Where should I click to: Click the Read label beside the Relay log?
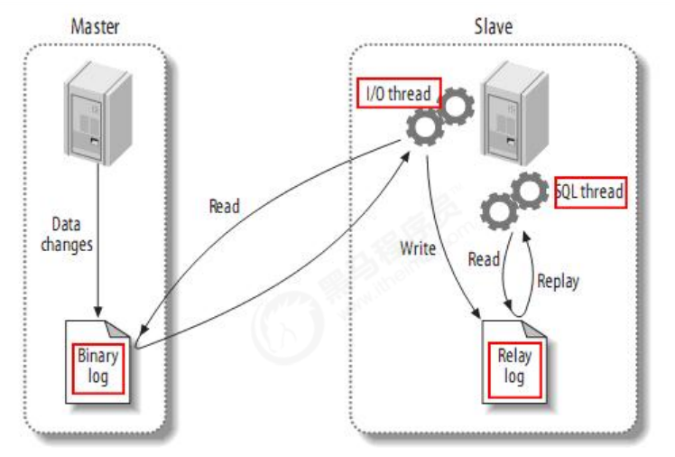(x=484, y=259)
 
